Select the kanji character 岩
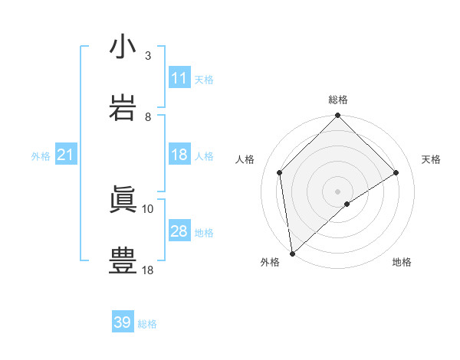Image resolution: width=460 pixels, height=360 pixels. (x=123, y=107)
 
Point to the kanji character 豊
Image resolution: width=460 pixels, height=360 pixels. (x=123, y=260)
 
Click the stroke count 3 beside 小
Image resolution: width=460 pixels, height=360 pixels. (x=148, y=55)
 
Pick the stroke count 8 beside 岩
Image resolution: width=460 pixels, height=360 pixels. (x=148, y=116)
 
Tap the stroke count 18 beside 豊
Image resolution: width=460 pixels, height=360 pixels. (x=148, y=270)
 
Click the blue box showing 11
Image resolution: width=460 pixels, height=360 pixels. (x=179, y=78)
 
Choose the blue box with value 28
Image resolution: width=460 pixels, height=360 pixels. (x=179, y=231)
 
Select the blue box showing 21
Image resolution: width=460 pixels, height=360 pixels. (x=66, y=155)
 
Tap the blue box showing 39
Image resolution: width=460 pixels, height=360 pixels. (x=123, y=322)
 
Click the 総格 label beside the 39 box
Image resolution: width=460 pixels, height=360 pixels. (x=147, y=324)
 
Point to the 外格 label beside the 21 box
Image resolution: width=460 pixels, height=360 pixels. (x=41, y=156)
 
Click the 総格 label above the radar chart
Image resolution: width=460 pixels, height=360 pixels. (x=338, y=100)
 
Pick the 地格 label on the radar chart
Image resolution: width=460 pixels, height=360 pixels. (x=402, y=263)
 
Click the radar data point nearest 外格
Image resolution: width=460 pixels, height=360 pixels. (x=292, y=254)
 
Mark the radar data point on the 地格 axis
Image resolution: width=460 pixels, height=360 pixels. (x=347, y=204)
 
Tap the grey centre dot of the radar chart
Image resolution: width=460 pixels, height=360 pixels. (x=338, y=191)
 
